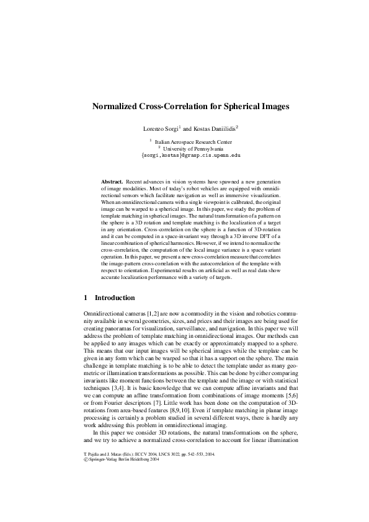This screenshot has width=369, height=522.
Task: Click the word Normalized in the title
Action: click(x=116, y=107)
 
